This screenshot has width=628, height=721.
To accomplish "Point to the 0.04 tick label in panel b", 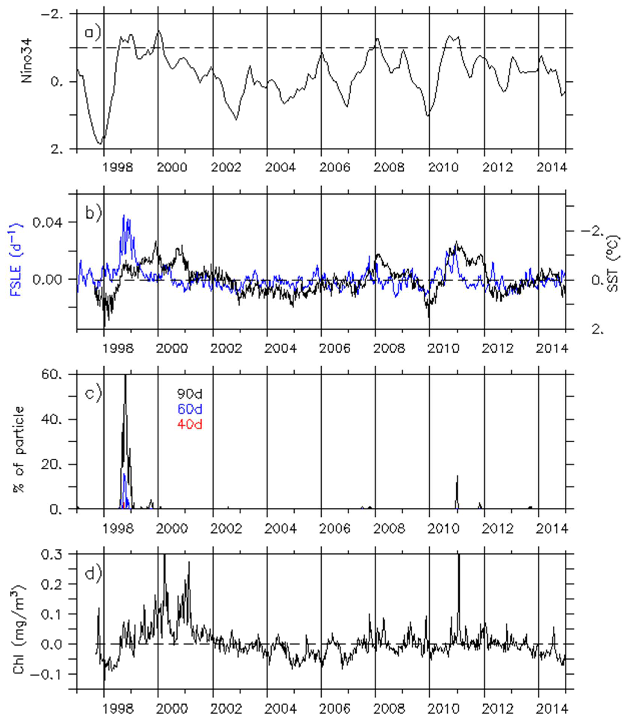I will coord(48,222).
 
